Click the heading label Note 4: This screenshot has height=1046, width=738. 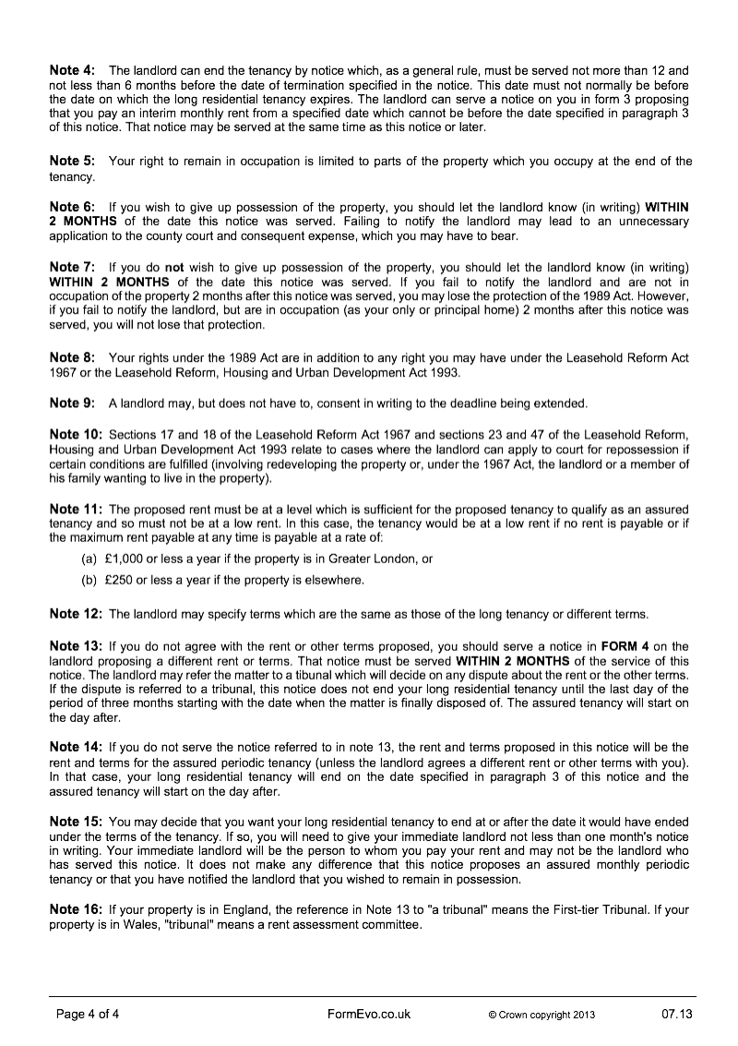(72, 70)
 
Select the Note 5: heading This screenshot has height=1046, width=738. (72, 161)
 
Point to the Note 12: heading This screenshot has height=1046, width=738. (76, 613)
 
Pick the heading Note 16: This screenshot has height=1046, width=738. (76, 910)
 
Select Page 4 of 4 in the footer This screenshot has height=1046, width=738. (88, 1014)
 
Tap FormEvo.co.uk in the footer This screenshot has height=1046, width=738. (369, 1014)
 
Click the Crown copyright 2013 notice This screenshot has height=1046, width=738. (542, 1015)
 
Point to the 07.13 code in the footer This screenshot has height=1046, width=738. (676, 1014)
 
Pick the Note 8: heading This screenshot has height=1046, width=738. (72, 356)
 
